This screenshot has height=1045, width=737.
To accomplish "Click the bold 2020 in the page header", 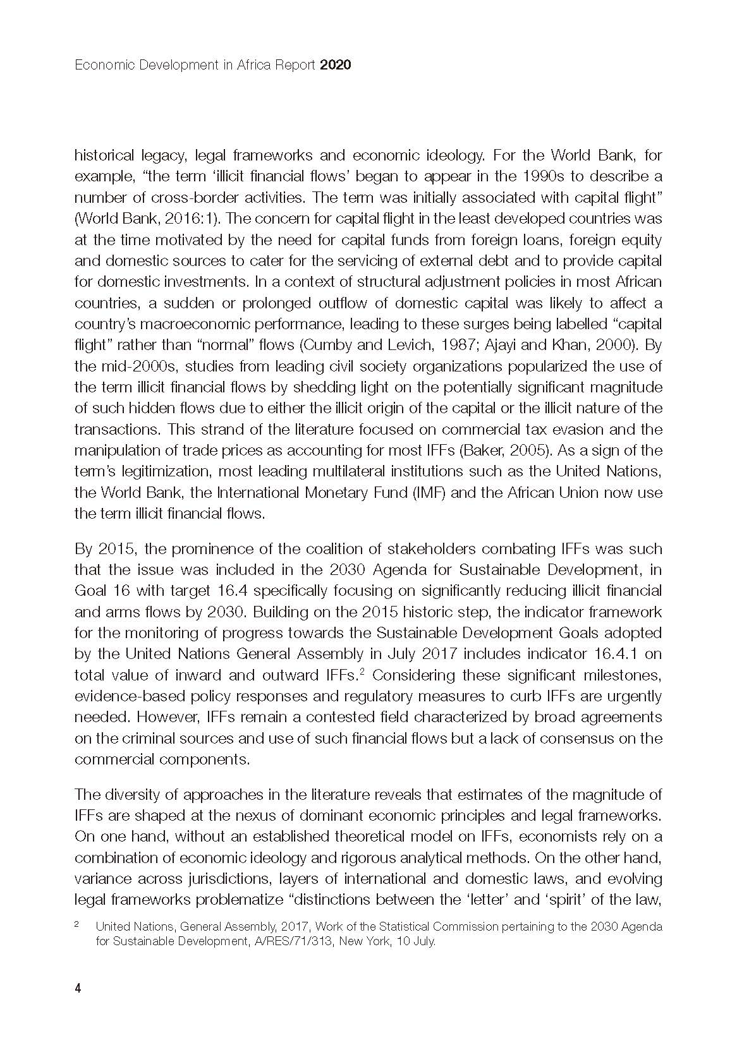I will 335,65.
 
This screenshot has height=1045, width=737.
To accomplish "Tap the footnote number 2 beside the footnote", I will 77,925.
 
